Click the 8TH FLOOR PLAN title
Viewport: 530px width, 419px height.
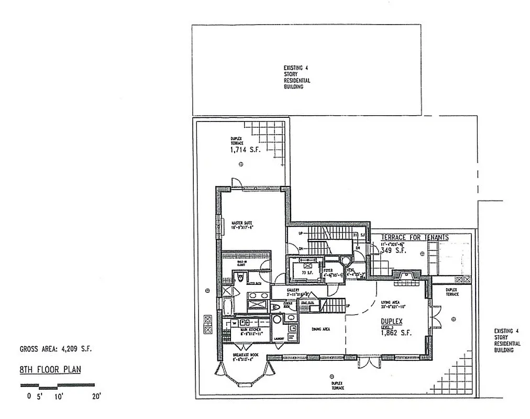(50, 369)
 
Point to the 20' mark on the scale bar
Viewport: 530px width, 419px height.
(96, 396)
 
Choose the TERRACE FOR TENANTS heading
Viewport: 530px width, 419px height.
(414, 237)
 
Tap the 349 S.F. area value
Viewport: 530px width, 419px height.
(393, 251)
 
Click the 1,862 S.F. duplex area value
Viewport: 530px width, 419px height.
(396, 333)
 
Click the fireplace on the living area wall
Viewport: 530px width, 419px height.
(406, 274)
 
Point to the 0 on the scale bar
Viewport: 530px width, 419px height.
(29, 396)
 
